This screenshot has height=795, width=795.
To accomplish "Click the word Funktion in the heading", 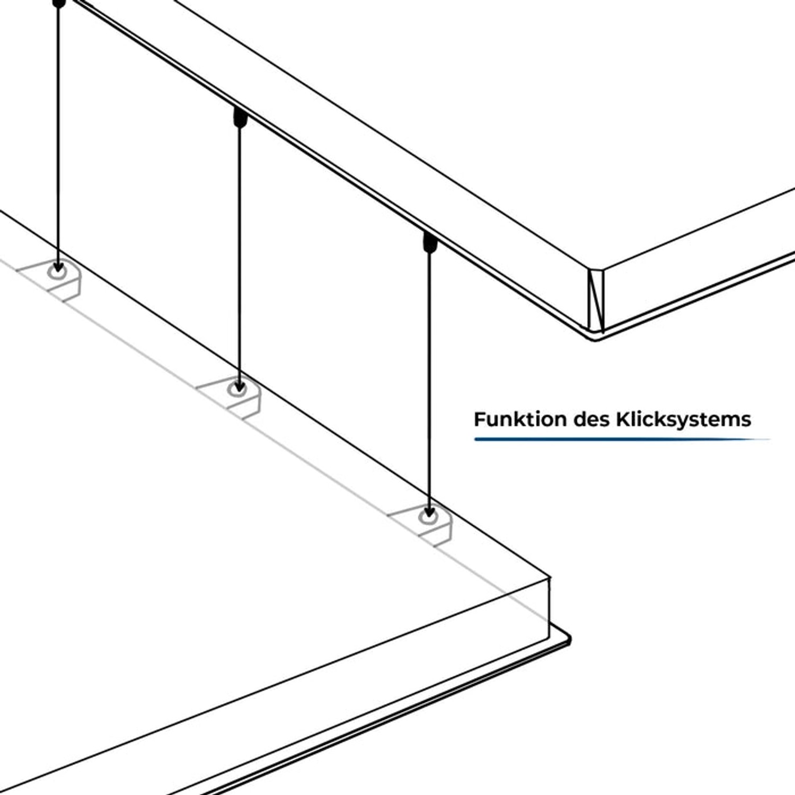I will coord(520,419).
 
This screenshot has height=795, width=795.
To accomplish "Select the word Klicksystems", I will coord(683,419).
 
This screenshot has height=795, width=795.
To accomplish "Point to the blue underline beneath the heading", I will coord(620,439).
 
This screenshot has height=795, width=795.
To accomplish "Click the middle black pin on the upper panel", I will coord(240,118).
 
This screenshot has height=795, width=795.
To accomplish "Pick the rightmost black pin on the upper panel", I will coord(430,242).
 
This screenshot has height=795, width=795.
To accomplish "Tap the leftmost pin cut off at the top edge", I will coord(60,3).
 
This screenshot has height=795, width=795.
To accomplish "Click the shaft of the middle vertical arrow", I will coord(240,254).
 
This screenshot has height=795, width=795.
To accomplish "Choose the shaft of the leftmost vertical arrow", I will coord(58,132).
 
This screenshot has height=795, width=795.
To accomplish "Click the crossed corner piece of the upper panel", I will coord(596,299).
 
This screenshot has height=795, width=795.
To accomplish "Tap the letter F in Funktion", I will coord(479,419).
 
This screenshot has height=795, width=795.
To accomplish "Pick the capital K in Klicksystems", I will coord(622,419).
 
